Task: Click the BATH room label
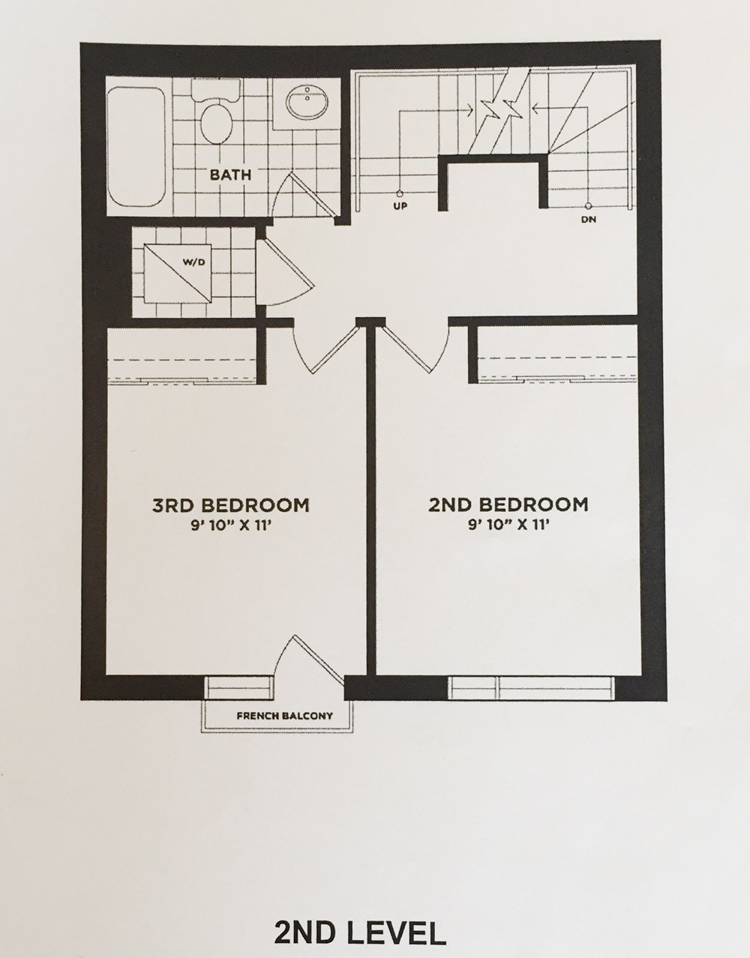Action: coord(230,175)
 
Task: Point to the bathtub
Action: coord(136,147)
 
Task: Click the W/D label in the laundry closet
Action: coord(194,262)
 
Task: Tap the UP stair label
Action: coord(400,205)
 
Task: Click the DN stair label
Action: coord(589,220)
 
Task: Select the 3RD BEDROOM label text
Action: coord(230,505)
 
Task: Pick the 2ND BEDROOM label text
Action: coord(508,504)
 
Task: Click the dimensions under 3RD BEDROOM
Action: coord(229,526)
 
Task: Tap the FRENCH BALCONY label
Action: coord(284,716)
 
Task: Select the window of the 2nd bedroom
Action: coord(531,687)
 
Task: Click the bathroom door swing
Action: coord(304,196)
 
